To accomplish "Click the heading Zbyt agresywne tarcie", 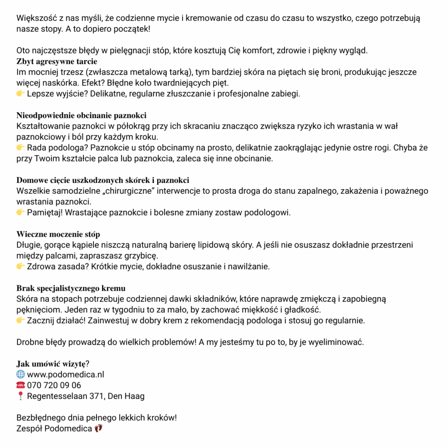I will point(57,61).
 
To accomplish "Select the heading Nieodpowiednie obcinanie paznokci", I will point(81,116).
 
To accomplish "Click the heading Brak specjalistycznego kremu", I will point(71,289).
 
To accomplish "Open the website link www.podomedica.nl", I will point(65,375).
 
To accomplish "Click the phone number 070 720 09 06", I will point(54,385).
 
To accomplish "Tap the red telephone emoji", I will point(21,385).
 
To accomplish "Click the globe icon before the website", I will point(21,375).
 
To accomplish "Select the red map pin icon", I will point(21,396).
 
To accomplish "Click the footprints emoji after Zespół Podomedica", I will point(98,428).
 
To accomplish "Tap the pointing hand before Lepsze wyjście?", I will point(21,94).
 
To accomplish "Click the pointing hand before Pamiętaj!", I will point(21,213).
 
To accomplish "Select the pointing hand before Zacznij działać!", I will point(21,321).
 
